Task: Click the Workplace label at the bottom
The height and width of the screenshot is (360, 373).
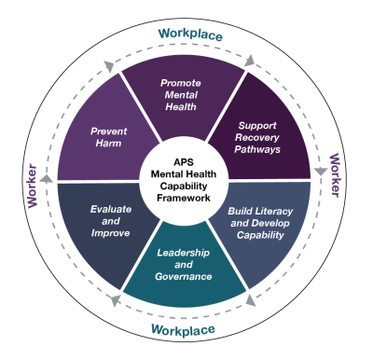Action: pyautogui.click(x=185, y=329)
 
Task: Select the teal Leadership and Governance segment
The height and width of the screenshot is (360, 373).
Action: pyautogui.click(x=184, y=269)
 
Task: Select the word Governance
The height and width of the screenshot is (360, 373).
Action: pyautogui.click(x=184, y=276)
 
